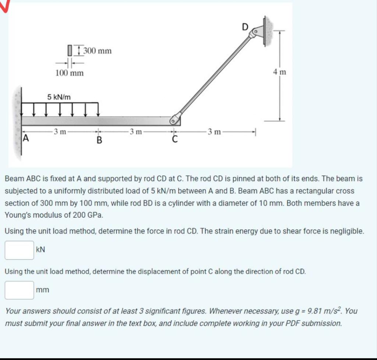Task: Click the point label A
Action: [x=25, y=139]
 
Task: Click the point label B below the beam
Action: [x=99, y=140]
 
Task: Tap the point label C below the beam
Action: [x=175, y=140]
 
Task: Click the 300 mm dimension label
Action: [x=98, y=50]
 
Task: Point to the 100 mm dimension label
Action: [x=70, y=73]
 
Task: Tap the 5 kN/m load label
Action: [x=59, y=97]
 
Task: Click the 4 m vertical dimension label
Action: [x=280, y=72]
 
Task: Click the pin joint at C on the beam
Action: [x=175, y=120]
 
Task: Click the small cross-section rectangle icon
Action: [x=69, y=50]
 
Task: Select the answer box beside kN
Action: [x=19, y=250]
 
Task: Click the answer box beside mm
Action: [x=19, y=290]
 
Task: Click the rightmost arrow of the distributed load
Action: [x=98, y=110]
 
